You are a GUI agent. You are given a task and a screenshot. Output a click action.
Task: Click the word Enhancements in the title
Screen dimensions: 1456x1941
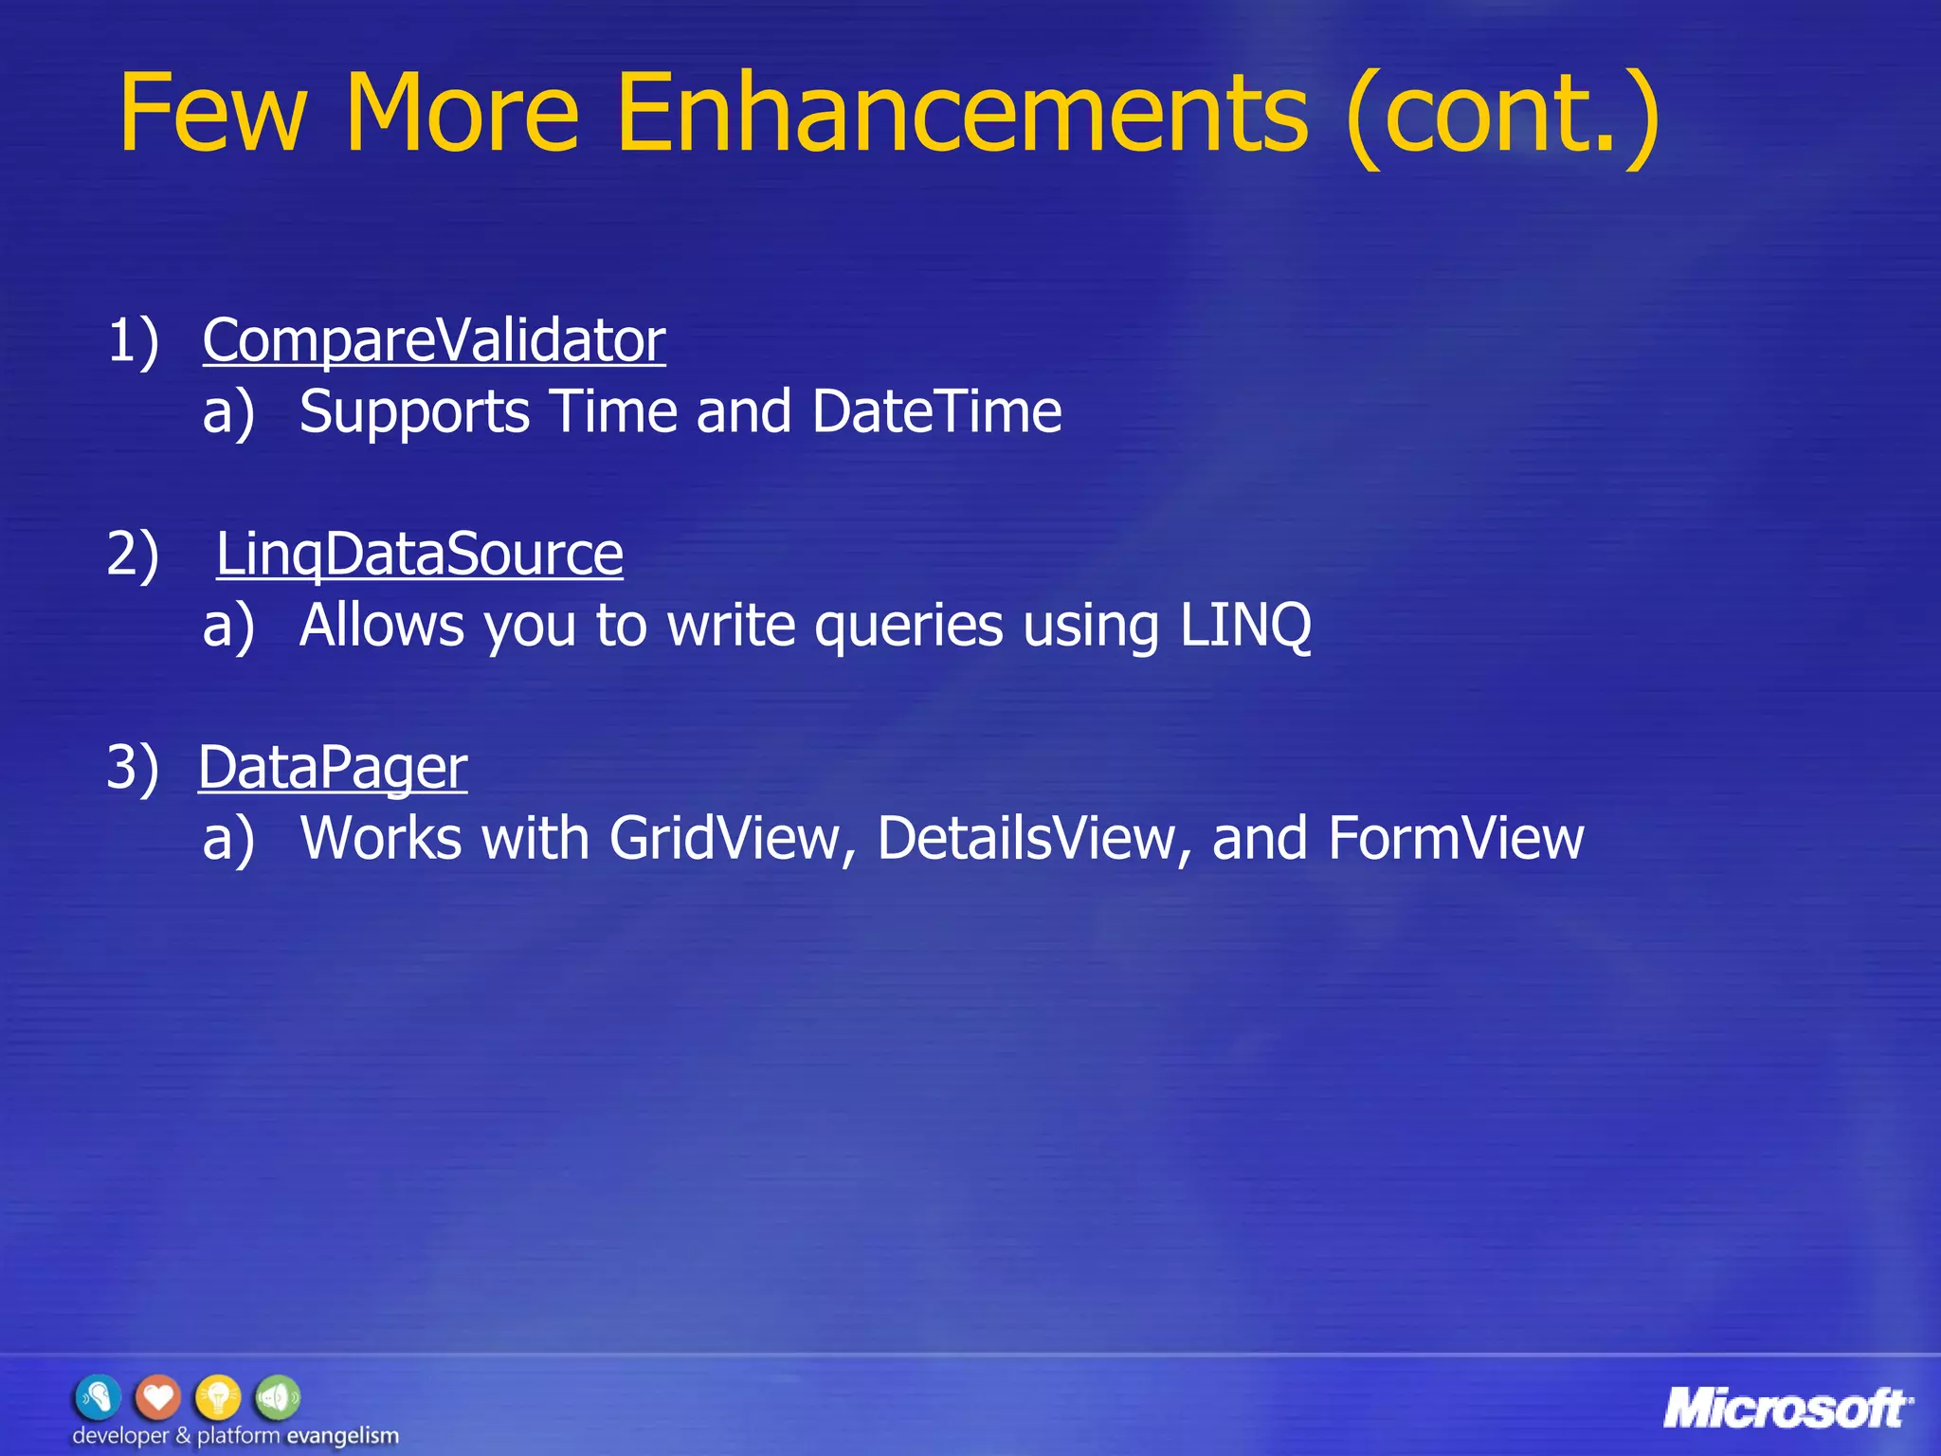point(961,114)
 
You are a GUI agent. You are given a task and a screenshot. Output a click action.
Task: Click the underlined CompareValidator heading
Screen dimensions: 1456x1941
point(434,340)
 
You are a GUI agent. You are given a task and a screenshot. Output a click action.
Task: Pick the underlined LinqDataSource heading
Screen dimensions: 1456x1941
point(420,554)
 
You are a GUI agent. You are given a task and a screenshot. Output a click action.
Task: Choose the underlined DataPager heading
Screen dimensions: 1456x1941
point(333,767)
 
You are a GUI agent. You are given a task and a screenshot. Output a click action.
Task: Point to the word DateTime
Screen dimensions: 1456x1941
point(936,411)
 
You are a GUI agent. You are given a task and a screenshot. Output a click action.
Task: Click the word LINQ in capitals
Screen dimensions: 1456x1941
point(1245,626)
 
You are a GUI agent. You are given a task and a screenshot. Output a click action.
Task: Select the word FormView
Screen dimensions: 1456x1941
point(1456,839)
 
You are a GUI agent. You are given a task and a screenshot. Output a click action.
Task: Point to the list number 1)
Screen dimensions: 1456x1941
point(133,340)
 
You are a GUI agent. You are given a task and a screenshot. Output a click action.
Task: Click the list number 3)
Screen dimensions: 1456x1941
point(133,767)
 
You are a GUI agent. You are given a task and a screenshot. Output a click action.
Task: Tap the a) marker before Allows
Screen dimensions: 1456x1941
point(228,626)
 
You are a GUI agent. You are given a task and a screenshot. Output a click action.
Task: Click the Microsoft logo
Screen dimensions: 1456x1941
point(1787,1409)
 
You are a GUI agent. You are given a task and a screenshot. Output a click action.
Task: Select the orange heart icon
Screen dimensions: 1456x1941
point(157,1397)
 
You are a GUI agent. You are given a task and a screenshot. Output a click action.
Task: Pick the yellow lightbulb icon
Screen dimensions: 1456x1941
point(218,1397)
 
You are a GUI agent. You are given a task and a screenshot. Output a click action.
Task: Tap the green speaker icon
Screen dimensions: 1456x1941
point(278,1397)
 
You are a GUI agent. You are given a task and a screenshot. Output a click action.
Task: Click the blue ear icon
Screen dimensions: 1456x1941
point(98,1397)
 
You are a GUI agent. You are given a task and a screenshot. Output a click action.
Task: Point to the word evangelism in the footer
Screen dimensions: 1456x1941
point(342,1436)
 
